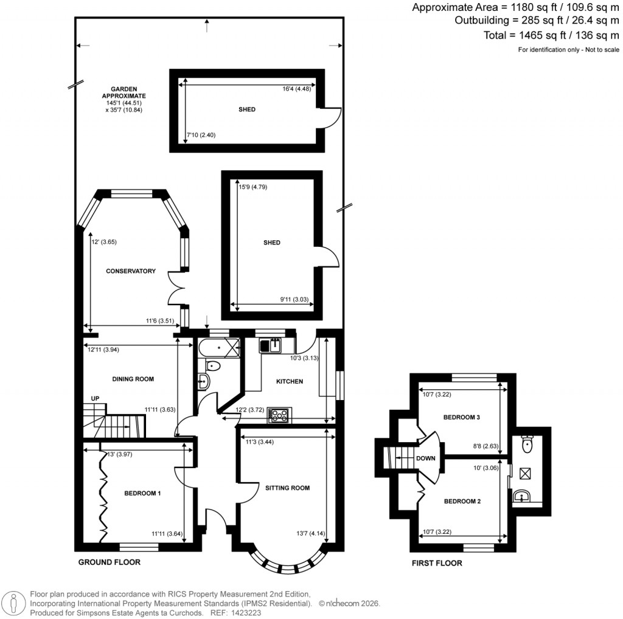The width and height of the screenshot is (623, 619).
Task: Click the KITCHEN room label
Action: (x=289, y=381)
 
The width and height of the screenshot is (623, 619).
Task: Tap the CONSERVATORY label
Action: (x=131, y=271)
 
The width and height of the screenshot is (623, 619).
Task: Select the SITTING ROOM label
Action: (x=287, y=488)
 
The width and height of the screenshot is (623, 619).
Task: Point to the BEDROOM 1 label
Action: (x=142, y=493)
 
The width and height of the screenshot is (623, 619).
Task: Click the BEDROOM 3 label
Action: (x=462, y=418)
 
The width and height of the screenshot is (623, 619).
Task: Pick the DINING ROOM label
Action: (x=133, y=379)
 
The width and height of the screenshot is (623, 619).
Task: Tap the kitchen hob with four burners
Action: (x=279, y=416)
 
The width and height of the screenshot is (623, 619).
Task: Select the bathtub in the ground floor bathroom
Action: (x=217, y=348)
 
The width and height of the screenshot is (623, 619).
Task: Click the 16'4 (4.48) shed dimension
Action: (x=297, y=89)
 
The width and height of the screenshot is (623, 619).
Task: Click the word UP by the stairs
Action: (x=95, y=398)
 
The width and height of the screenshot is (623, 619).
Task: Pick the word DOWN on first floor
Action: (x=426, y=458)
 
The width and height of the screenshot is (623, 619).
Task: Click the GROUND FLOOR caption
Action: (x=110, y=562)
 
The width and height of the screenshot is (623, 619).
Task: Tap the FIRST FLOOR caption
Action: (x=437, y=563)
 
